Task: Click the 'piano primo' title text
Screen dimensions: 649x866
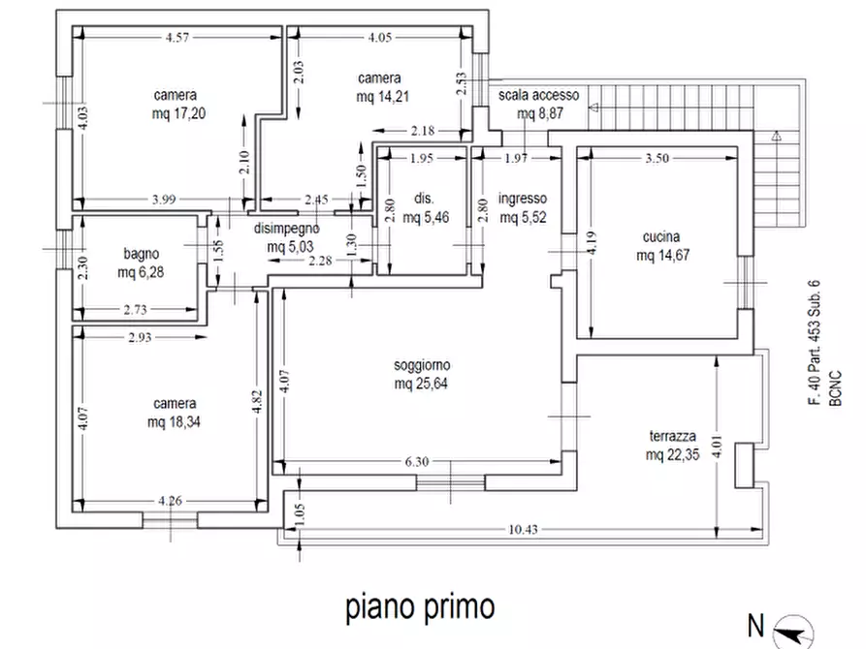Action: (420, 607)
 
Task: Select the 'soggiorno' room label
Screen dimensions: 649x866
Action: (422, 366)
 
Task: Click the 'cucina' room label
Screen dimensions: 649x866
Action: (660, 237)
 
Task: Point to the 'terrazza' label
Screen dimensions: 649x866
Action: (670, 436)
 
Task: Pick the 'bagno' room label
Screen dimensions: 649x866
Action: (141, 255)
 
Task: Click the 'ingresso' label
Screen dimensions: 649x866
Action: (523, 199)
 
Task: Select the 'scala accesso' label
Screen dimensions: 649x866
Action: (538, 95)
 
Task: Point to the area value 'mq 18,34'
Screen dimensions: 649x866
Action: (175, 421)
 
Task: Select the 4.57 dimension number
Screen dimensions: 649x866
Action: (176, 38)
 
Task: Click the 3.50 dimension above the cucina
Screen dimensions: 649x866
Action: (657, 160)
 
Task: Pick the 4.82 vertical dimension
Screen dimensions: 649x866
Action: (256, 402)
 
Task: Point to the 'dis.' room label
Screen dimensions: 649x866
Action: (424, 199)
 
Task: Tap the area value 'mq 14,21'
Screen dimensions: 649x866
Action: (379, 96)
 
